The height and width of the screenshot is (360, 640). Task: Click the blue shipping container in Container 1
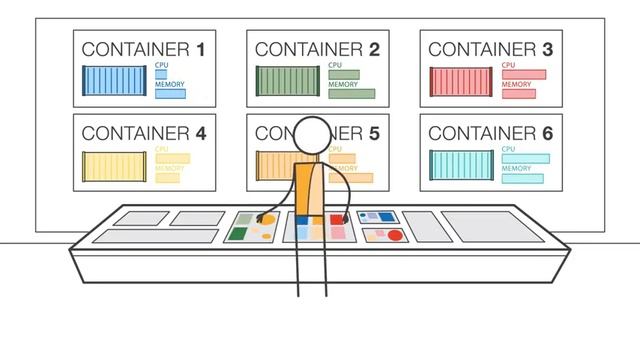115,81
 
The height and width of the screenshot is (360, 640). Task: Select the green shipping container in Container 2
289,81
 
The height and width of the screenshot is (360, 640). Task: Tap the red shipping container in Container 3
461,81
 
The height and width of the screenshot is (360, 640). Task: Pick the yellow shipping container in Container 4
115,166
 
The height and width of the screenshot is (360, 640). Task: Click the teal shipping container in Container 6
461,165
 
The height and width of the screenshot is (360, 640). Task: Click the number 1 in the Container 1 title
201,48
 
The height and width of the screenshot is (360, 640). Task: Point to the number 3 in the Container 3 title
547,48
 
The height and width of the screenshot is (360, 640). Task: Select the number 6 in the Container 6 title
548,132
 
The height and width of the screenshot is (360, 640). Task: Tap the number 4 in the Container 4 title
201,132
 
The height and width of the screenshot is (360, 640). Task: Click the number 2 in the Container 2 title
374,48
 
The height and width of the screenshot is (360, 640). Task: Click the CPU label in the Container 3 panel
509,64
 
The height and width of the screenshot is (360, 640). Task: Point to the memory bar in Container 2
351,94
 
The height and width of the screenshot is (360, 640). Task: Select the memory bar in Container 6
523,178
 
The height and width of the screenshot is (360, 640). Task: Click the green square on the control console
238,234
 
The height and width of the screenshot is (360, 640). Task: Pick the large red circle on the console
395,236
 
